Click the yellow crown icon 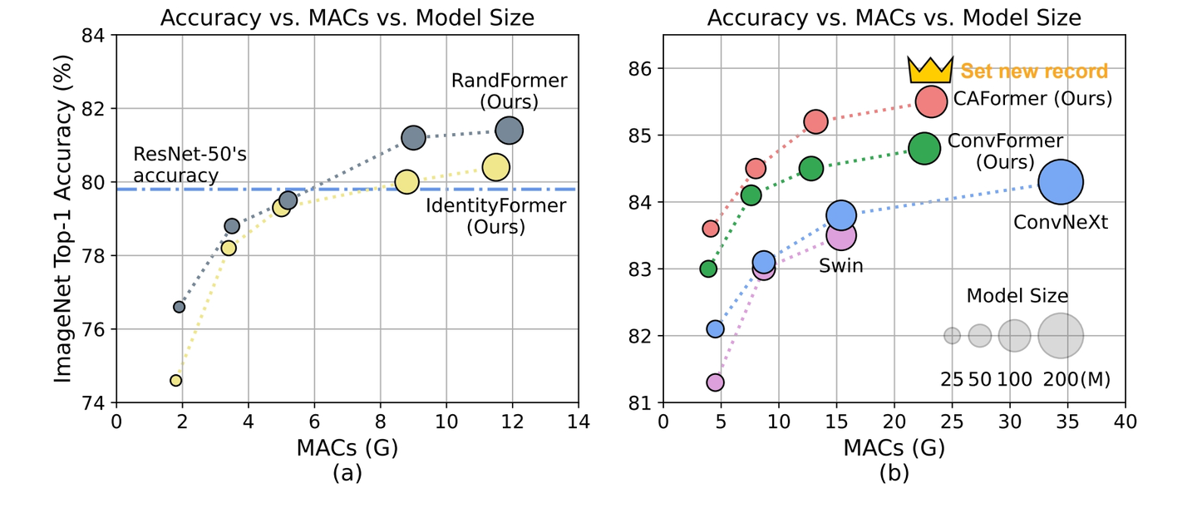[x=929, y=71]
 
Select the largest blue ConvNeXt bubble [x=1061, y=182]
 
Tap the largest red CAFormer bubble [x=932, y=101]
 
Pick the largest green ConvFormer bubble [x=924, y=149]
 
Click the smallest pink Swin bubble [x=715, y=382]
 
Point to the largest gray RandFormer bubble [x=509, y=131]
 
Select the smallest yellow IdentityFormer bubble [x=175, y=380]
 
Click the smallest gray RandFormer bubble [x=179, y=307]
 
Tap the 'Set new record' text [x=1034, y=71]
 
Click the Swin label [x=840, y=266]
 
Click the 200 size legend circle [x=1061, y=336]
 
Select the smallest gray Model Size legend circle [x=952, y=336]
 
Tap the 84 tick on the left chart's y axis [x=94, y=36]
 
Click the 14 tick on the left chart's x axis [x=579, y=422]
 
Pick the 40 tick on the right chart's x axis [x=1125, y=422]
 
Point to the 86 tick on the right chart [x=639, y=68]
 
